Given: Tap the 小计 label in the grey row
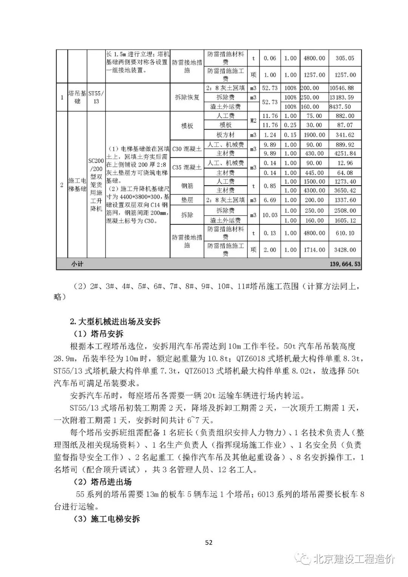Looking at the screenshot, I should click(x=77, y=264).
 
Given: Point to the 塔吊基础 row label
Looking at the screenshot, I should click(x=77, y=97).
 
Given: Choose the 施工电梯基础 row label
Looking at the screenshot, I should click(x=77, y=185).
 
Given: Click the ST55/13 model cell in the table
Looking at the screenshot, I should click(x=96, y=97).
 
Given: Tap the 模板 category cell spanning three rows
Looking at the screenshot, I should click(x=187, y=125).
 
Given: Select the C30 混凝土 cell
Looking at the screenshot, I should click(x=187, y=149).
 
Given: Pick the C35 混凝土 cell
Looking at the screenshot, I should click(x=187, y=167).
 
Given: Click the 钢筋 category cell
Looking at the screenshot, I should click(x=187, y=186).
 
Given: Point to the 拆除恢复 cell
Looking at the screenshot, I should click(x=187, y=97).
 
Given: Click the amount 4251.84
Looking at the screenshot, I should click(x=345, y=154).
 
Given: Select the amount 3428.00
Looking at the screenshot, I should click(x=345, y=250).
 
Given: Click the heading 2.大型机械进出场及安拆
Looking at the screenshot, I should click(x=115, y=322).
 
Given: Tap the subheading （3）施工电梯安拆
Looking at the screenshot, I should click(x=106, y=519).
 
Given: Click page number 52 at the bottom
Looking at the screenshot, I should click(x=209, y=543).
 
